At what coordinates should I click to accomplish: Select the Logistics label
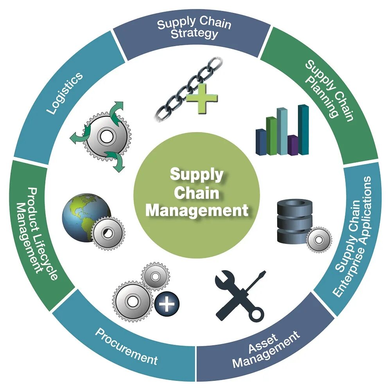tap(65, 93)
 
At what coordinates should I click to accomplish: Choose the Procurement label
tap(126, 346)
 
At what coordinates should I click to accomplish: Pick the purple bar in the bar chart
tap(292, 145)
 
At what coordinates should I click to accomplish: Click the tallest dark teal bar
tap(303, 129)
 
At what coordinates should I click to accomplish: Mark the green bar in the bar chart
tap(272, 135)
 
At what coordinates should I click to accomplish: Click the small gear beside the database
tap(319, 239)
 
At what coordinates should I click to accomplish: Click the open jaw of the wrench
tap(221, 280)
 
